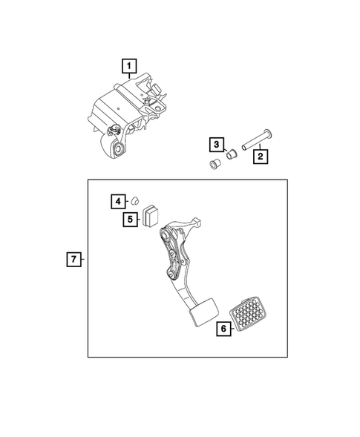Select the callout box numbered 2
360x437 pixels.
pos(260,157)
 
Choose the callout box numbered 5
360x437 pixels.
pos(131,219)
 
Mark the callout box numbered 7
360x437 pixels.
pos(73,260)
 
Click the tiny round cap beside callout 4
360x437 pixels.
pos(135,200)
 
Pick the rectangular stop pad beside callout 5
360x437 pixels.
pos(153,215)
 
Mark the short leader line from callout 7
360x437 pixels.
pos(83,260)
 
